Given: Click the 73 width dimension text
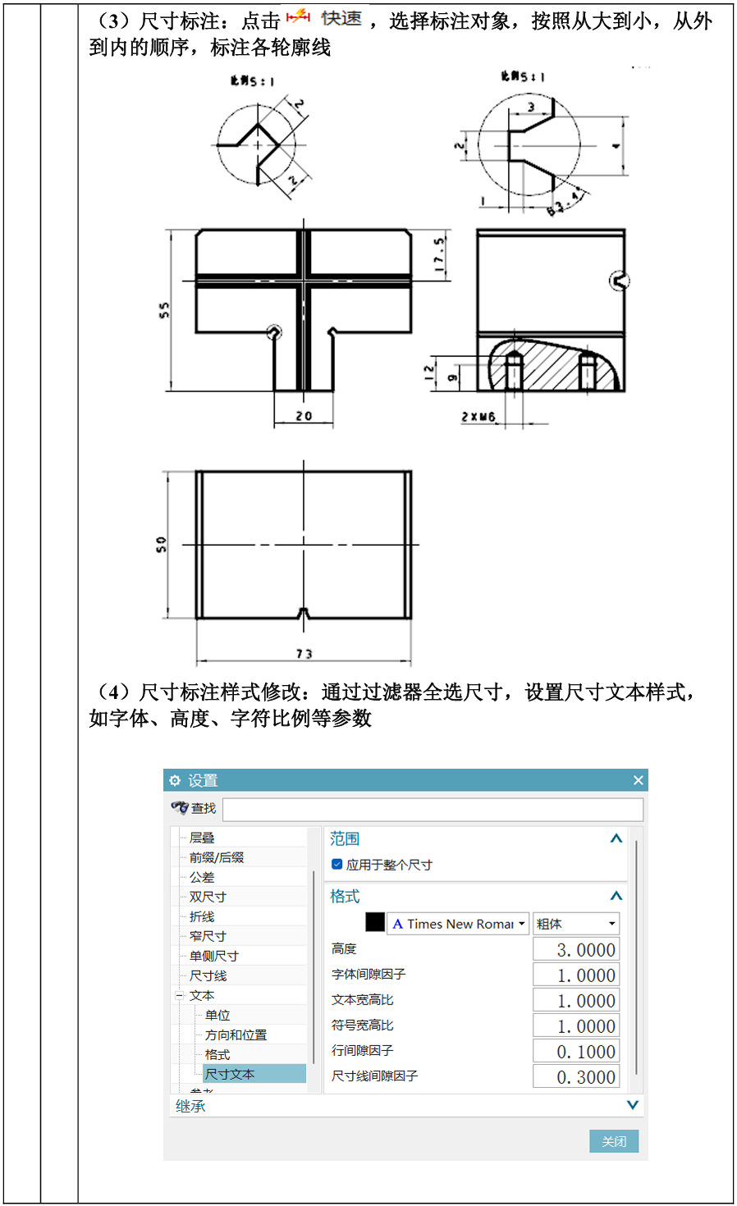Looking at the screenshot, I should point(304,654).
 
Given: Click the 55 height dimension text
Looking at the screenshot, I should point(164,309).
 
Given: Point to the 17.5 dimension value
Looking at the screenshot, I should point(439,255).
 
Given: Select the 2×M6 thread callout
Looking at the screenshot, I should point(478,417).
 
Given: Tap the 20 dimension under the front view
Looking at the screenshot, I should point(304,416).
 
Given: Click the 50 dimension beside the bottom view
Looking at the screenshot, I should point(161,544).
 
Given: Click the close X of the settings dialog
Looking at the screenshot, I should point(638,780).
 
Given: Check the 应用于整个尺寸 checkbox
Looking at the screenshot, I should point(336,864).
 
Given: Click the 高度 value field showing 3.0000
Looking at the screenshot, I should point(576,949).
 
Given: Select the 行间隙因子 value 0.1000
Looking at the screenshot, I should point(576,1051).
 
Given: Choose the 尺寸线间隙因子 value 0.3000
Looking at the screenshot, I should point(576,1076).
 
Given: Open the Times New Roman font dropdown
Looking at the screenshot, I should point(459,924).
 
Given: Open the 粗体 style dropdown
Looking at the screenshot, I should point(576,924).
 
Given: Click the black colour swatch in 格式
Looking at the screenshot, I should point(375,923).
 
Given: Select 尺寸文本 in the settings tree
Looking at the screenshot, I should point(230,1074).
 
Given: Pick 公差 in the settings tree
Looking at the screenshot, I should point(202,877).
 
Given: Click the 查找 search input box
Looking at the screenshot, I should point(433,809).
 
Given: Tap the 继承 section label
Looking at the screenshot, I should point(190,1106).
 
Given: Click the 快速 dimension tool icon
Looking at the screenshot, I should point(299,18).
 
